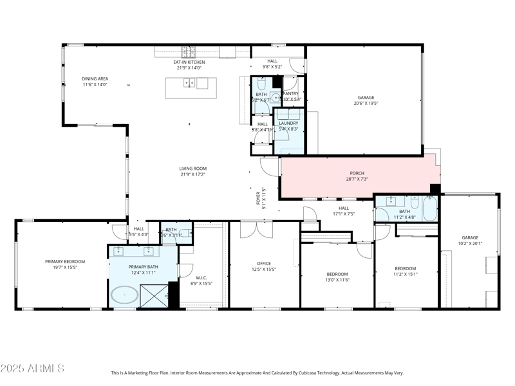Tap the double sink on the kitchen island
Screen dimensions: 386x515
coord(190,82)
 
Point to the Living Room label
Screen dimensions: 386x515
coord(192,169)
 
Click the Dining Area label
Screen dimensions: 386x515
coord(95,78)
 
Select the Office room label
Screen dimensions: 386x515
coord(263,263)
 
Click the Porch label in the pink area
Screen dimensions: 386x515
coord(357,173)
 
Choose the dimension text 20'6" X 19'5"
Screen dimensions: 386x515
coord(366,103)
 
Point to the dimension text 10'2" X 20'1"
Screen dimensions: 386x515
coord(471,243)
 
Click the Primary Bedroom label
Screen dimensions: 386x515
coord(65,261)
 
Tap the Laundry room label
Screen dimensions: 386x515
coord(288,123)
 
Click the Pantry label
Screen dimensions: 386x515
coord(291,93)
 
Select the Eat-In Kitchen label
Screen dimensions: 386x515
coord(189,62)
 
